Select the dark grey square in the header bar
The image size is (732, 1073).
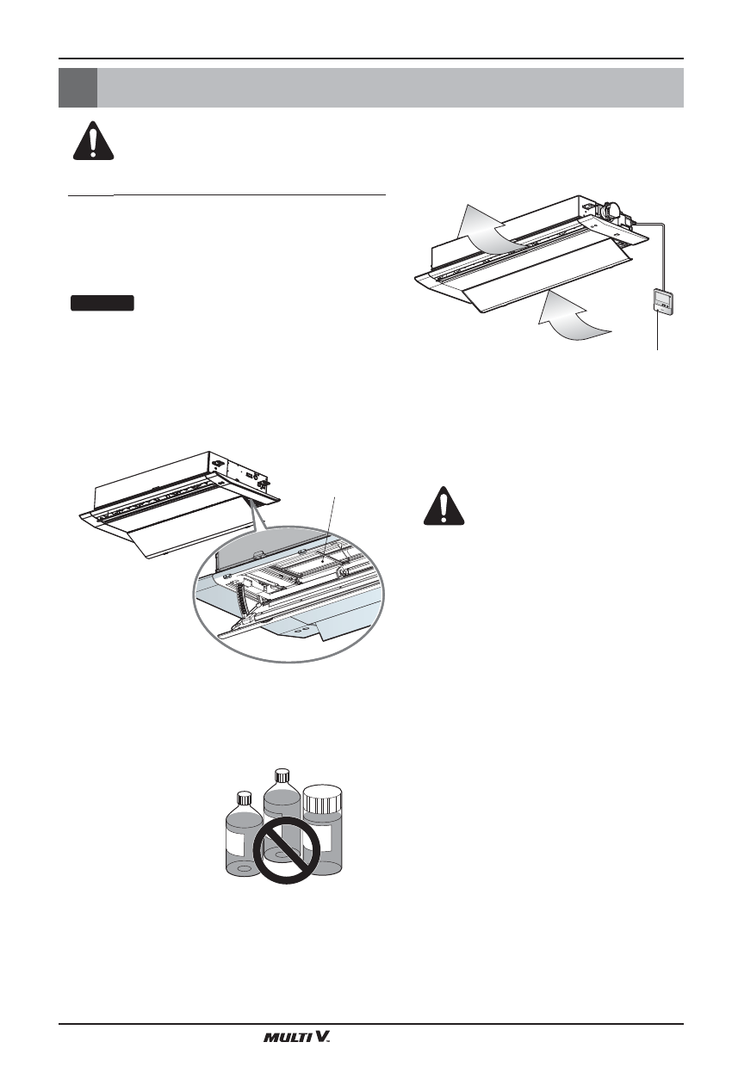(x=78, y=87)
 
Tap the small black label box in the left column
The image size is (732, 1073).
(x=102, y=302)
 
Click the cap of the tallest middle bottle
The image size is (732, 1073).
(x=279, y=774)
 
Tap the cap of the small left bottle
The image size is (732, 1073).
(x=243, y=797)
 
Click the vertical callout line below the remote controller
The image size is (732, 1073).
(x=659, y=333)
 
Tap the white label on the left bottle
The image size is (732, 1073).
(x=239, y=838)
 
